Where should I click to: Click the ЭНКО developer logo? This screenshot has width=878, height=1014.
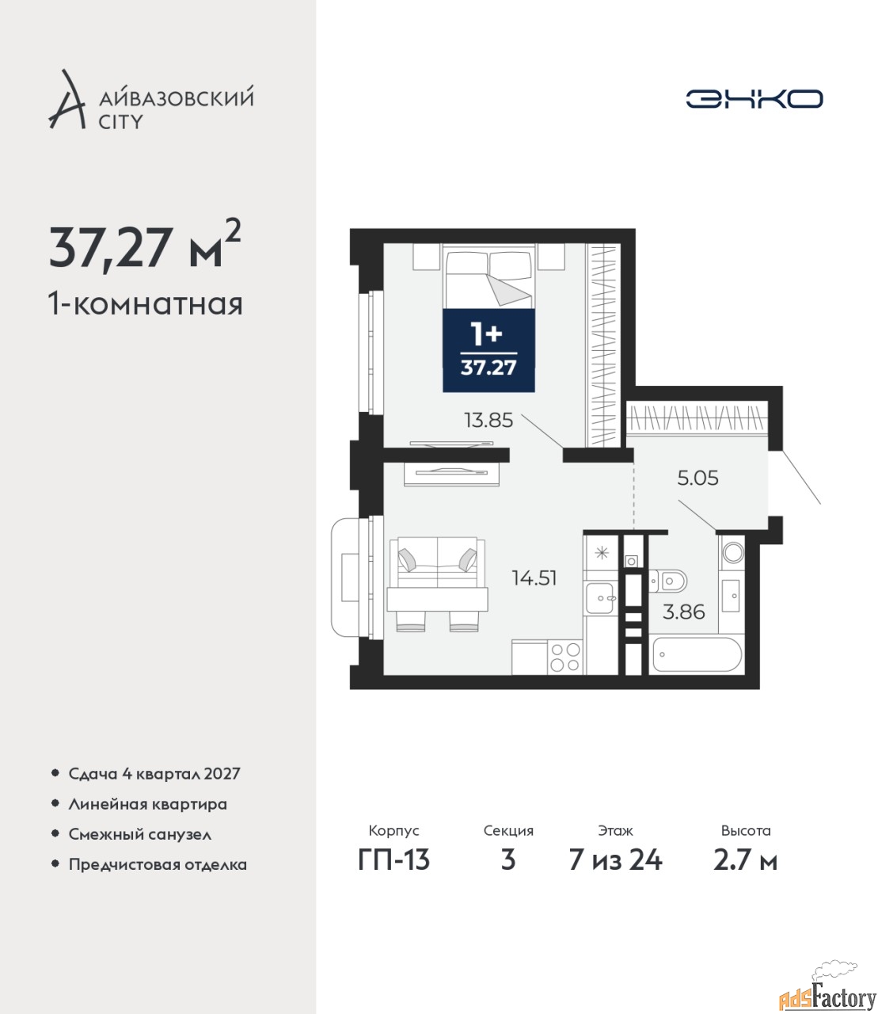(754, 98)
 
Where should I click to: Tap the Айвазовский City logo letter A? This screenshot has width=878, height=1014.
(67, 100)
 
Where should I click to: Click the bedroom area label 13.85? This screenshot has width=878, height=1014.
(488, 421)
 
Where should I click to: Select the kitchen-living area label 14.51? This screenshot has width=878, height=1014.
(534, 578)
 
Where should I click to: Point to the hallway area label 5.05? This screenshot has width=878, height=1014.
(697, 478)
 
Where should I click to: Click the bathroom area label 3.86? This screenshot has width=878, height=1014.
(684, 612)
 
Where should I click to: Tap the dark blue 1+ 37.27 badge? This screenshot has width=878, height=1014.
(488, 350)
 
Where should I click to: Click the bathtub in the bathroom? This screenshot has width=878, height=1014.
(697, 655)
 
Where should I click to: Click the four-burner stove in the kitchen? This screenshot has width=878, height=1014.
(565, 658)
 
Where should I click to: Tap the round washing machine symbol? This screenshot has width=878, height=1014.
(732, 552)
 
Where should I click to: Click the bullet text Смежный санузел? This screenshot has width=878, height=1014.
(139, 834)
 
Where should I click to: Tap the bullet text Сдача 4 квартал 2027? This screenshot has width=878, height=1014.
(154, 774)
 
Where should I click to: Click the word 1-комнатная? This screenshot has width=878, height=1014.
(146, 305)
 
